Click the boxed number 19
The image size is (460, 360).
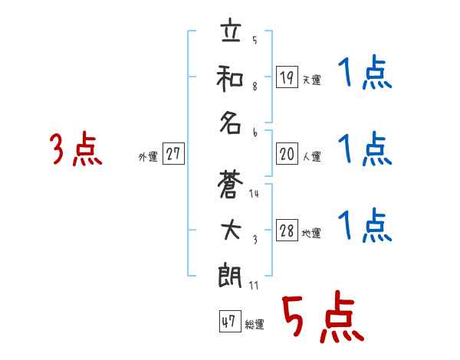coord(287,77)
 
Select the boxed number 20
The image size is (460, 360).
coord(287,155)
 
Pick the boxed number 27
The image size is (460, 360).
coord(173,155)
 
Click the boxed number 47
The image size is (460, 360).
coord(228,322)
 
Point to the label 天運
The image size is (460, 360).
coord(311,80)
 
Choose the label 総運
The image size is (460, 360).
coord(255,324)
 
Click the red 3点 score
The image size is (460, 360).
coord(76,150)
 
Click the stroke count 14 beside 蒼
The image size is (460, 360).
coord(254,194)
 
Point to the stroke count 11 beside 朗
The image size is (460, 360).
coord(254,286)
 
